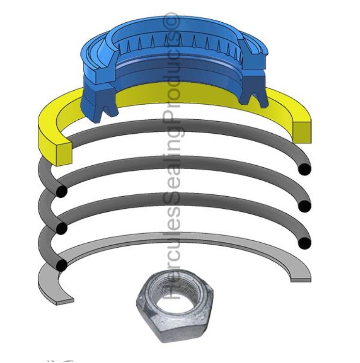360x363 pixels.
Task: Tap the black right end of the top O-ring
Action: [x=304, y=169]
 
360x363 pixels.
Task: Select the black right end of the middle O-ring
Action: [x=304, y=206]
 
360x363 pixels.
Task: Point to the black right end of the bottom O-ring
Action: [x=304, y=243]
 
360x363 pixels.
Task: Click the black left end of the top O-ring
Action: [x=61, y=191]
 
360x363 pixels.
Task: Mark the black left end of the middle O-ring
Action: [x=62, y=228]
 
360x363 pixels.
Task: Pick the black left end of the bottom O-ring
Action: [x=62, y=265]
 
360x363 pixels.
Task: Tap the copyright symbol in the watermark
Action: [x=173, y=21]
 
